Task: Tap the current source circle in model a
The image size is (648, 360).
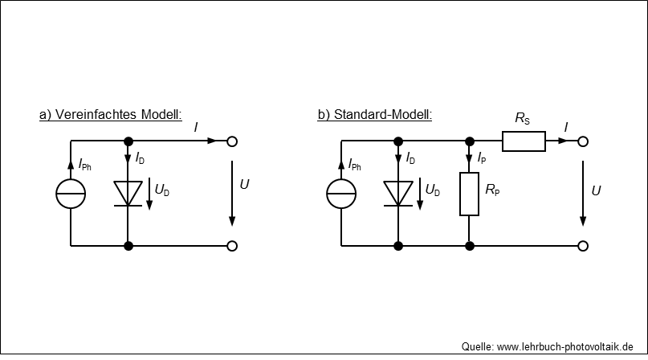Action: click(x=56, y=194)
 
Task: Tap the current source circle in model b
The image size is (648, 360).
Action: click(x=327, y=194)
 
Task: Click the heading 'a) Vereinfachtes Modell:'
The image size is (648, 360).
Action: click(x=110, y=115)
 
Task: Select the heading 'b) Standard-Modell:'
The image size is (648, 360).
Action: click(x=374, y=115)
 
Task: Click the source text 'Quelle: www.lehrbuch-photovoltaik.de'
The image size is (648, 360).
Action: click(x=547, y=347)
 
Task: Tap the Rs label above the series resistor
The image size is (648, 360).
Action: click(x=522, y=118)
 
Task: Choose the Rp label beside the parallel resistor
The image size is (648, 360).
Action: click(x=492, y=190)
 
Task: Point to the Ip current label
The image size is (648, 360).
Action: click(x=482, y=158)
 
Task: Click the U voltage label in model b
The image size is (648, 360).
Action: click(x=596, y=190)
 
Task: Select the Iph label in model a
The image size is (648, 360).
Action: click(x=85, y=165)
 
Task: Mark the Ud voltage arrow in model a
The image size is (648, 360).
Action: click(x=149, y=194)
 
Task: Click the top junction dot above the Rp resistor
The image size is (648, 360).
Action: click(x=470, y=141)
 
